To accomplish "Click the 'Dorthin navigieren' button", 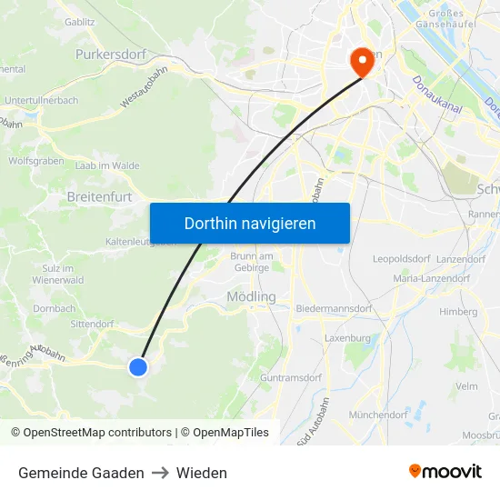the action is coord(249,223).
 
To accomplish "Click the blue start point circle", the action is coord(138,366).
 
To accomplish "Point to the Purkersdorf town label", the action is coord(111,55).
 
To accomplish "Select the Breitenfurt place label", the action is coord(99,195).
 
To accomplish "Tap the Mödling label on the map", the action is coord(251,296).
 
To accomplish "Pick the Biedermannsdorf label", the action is coord(335,308).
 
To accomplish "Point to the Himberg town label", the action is coord(458,311).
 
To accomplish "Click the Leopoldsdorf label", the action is coord(401,259).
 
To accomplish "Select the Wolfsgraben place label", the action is coord(36,160).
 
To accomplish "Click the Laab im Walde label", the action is coord(107,165).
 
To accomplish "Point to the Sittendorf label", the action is coord(92,323).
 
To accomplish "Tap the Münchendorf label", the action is coord(378,414).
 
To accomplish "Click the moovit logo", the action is coord(445,472).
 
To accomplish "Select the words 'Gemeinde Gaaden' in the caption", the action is coord(81,473).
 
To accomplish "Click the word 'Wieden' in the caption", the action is coord(202,473).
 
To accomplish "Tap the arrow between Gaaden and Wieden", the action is coord(160,473).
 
